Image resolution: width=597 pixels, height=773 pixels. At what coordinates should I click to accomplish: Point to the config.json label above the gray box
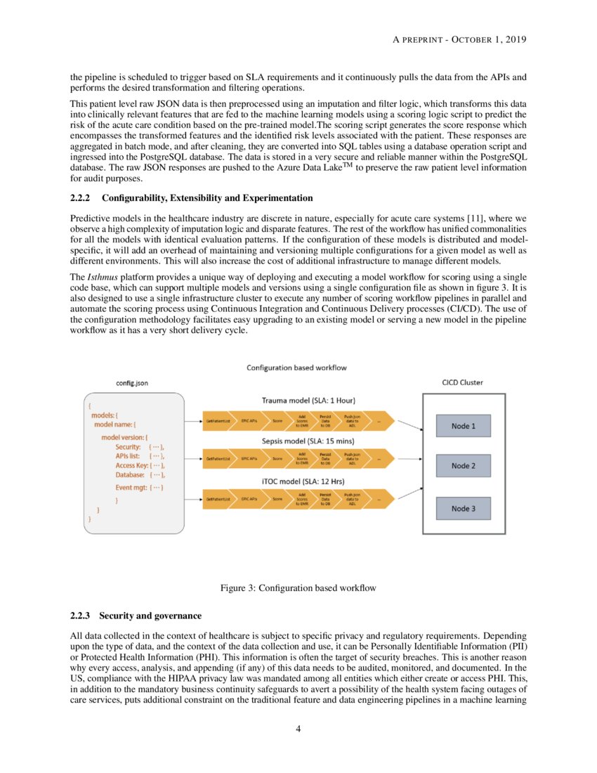click(x=131, y=383)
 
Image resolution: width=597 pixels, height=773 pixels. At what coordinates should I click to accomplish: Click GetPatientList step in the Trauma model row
click(x=218, y=420)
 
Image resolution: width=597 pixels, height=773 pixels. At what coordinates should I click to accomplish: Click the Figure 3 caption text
click(x=298, y=588)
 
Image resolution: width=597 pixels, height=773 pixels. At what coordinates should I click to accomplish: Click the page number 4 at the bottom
click(x=298, y=729)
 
